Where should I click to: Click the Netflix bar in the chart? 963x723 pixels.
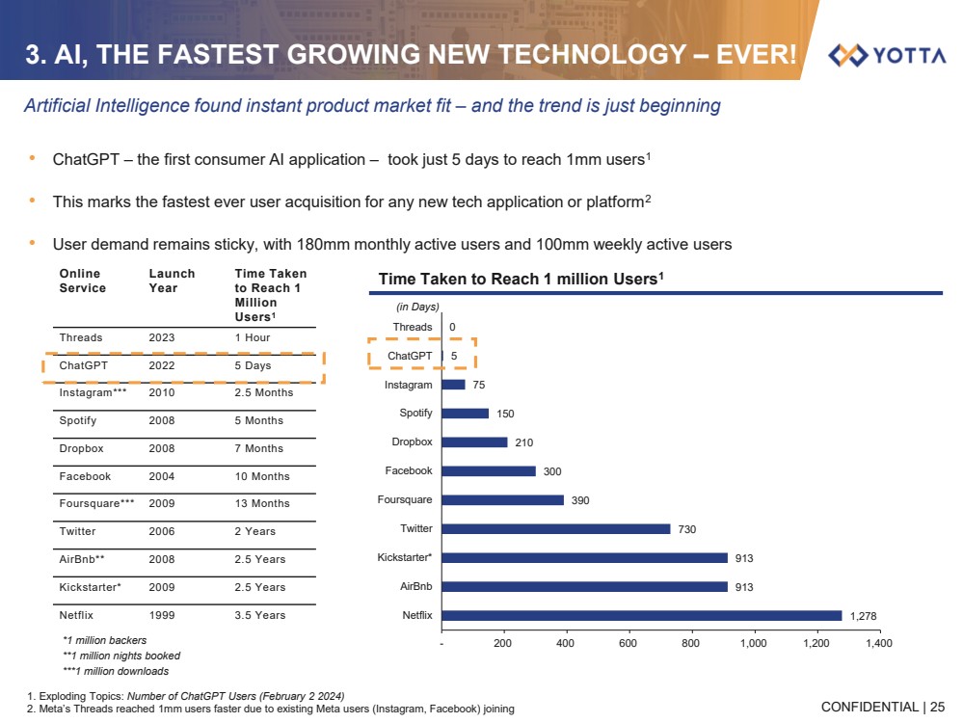(x=641, y=615)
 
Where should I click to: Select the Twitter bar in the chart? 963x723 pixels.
(x=555, y=528)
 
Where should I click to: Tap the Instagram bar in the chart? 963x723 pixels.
(x=453, y=384)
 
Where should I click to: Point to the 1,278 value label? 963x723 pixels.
(x=863, y=616)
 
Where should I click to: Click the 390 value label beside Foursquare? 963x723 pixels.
(x=579, y=500)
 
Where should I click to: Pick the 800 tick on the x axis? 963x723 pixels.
(x=690, y=643)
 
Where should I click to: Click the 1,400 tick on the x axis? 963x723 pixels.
(x=878, y=643)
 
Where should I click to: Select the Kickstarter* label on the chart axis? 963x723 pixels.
(x=405, y=557)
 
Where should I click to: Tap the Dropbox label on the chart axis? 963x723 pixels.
(x=412, y=442)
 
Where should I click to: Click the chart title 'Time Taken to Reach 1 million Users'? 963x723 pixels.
(x=521, y=279)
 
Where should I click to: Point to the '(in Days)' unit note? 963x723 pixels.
(x=417, y=307)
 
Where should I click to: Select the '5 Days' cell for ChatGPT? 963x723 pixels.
(x=253, y=365)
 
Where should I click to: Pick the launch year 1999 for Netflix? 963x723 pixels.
(x=162, y=614)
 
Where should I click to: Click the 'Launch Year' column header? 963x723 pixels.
(x=172, y=281)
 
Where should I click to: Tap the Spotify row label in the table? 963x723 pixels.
(x=78, y=420)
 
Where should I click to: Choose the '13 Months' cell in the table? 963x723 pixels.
(x=262, y=503)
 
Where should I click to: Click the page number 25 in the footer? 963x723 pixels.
(x=937, y=707)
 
